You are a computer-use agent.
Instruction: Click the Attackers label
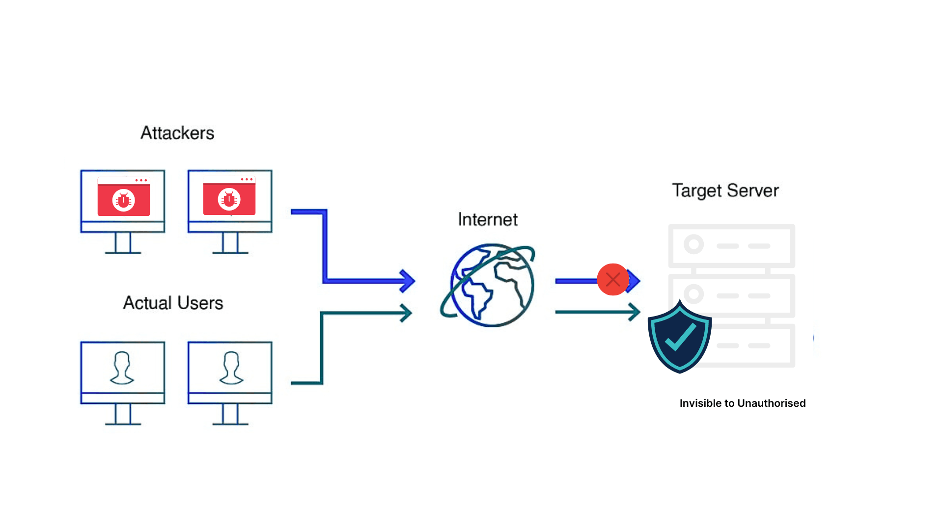pyautogui.click(x=177, y=133)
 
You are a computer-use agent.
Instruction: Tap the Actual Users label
pyautogui.click(x=173, y=303)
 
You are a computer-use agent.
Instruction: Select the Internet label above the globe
pyautogui.click(x=488, y=219)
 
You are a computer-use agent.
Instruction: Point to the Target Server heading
pyautogui.click(x=725, y=190)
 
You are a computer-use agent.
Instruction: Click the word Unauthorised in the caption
pyautogui.click(x=771, y=403)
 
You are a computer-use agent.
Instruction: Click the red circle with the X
pyautogui.click(x=613, y=280)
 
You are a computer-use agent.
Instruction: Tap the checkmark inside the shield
pyautogui.click(x=680, y=337)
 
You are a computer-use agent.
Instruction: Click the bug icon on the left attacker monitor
pyautogui.click(x=124, y=200)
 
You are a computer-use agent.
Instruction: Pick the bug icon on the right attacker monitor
pyautogui.click(x=229, y=199)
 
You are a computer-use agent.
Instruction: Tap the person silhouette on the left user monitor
pyautogui.click(x=122, y=368)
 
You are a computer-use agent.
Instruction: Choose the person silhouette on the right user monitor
pyautogui.click(x=231, y=368)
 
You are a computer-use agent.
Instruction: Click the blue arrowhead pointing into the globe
pyautogui.click(x=407, y=281)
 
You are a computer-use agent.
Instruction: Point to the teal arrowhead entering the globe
pyautogui.click(x=406, y=313)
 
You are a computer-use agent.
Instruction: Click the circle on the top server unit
pyautogui.click(x=694, y=244)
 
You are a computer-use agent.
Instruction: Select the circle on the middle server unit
pyautogui.click(x=693, y=294)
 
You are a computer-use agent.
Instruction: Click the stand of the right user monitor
pyautogui.click(x=230, y=414)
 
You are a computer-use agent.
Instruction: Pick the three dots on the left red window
pyautogui.click(x=141, y=180)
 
